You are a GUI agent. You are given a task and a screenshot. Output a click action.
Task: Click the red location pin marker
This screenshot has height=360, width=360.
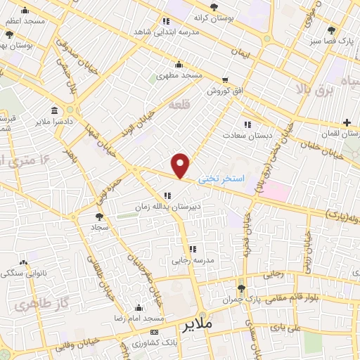pyautogui.click(x=181, y=165)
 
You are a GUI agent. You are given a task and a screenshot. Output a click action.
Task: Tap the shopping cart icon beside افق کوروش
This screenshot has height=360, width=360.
pyautogui.click(x=224, y=80)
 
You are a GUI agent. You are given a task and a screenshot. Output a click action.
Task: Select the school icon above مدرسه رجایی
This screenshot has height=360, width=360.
pyautogui.click(x=192, y=249)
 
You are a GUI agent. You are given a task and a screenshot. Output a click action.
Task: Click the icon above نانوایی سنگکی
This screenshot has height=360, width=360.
pyautogui.click(x=25, y=261)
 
